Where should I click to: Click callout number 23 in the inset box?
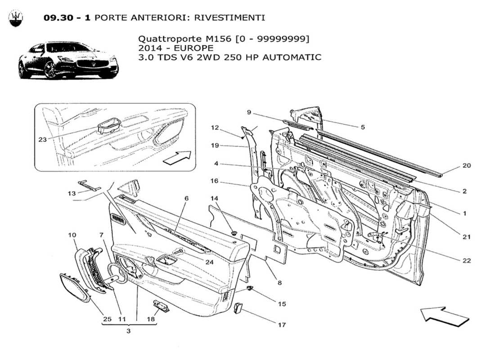(x=43, y=139)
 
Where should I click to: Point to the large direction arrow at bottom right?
(x=445, y=316)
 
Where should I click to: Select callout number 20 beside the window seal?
(x=466, y=166)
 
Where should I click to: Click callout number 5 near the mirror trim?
(x=362, y=127)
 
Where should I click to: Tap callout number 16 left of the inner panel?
(x=214, y=181)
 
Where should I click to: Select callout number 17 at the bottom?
(x=282, y=324)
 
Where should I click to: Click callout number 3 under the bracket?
(x=128, y=331)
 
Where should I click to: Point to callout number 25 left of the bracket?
(x=107, y=319)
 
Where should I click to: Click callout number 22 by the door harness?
(x=466, y=261)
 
